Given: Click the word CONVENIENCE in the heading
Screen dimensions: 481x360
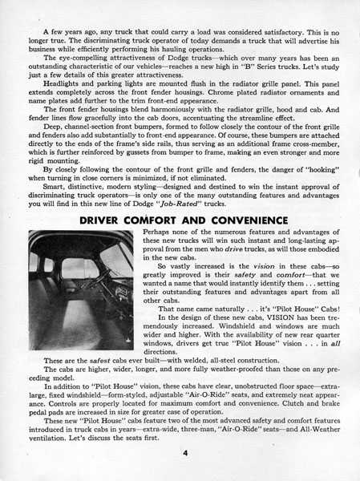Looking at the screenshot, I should pyautogui.click(x=238, y=220).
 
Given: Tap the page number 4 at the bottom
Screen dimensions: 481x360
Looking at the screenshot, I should pyautogui.click(x=184, y=454).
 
